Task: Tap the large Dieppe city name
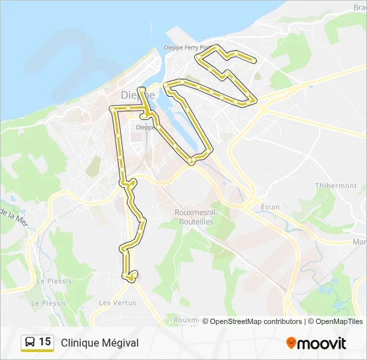tap(138, 95)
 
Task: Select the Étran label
tap(270, 207)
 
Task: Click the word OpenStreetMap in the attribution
tap(237, 321)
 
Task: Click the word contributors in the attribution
tap(283, 321)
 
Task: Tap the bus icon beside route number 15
tap(30, 342)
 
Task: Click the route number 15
tap(45, 342)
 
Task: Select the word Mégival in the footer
tap(121, 343)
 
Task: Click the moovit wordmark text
tap(322, 343)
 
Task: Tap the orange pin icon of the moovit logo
tap(291, 343)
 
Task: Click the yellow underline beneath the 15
tap(37, 351)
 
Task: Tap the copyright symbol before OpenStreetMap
tap(206, 321)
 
